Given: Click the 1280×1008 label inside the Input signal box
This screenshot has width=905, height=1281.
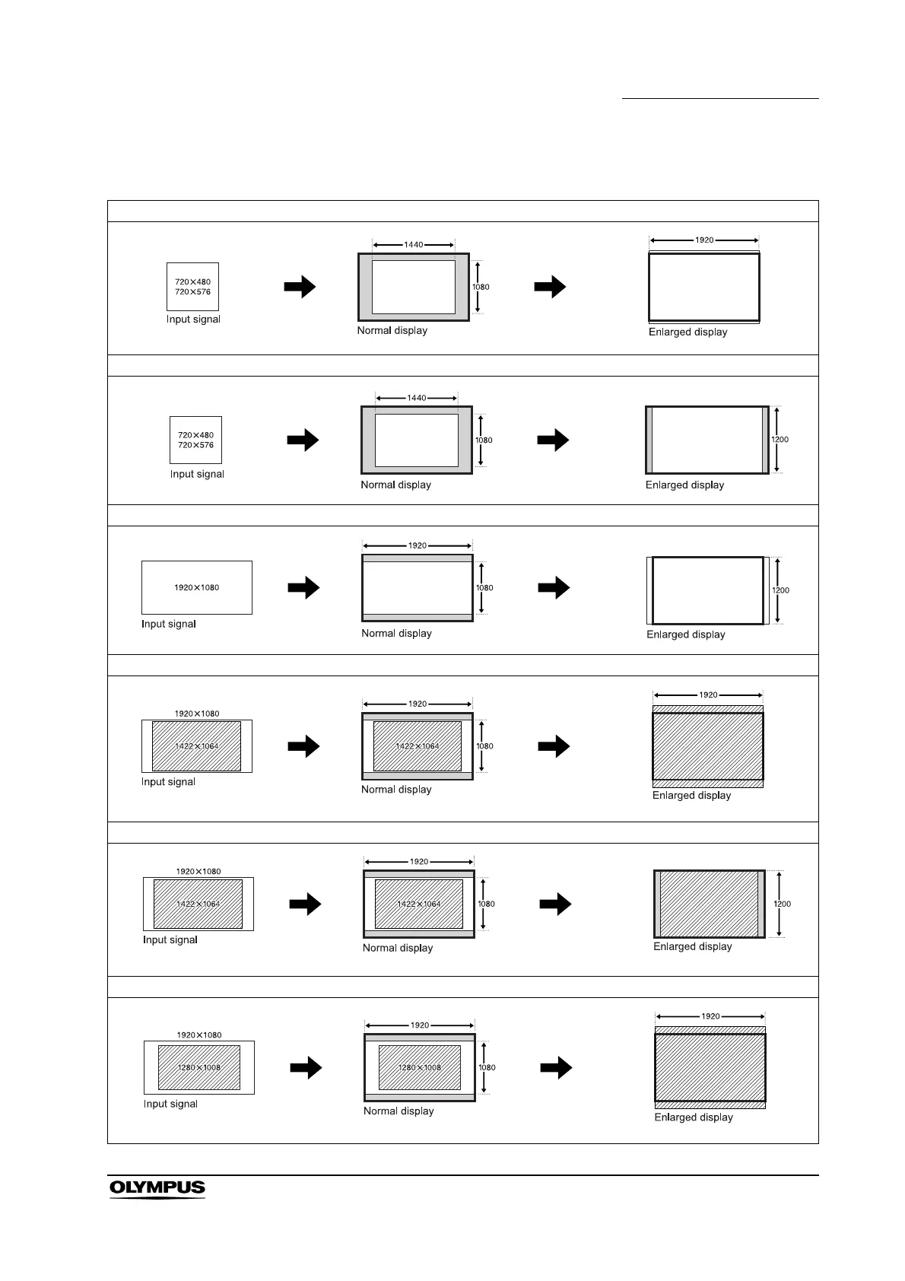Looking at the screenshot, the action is click(199, 1067).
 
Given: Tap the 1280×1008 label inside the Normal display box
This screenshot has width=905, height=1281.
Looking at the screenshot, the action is click(420, 1067).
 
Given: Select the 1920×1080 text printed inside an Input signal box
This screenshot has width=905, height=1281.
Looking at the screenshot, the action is click(197, 587).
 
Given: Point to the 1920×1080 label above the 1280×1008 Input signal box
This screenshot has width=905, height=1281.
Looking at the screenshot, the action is click(199, 1035).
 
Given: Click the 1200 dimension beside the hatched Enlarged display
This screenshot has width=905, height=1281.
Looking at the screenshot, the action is click(782, 904).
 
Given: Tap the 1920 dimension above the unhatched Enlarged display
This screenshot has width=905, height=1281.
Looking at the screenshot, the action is click(704, 240).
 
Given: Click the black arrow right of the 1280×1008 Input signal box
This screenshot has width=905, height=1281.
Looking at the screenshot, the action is click(306, 1068).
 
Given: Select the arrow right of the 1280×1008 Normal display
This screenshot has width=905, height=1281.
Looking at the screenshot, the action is click(557, 1068).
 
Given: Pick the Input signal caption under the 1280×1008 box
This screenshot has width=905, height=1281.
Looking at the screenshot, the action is click(170, 1104).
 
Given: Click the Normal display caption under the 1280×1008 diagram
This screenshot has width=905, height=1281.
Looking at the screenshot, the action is click(399, 1111).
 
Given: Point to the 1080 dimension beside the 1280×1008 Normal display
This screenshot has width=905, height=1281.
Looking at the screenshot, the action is click(487, 1067).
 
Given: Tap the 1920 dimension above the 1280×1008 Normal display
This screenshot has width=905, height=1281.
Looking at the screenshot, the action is click(420, 1025).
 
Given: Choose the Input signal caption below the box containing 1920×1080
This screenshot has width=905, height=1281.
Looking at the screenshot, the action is click(169, 624).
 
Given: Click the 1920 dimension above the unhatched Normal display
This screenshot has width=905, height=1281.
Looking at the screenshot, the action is click(418, 545).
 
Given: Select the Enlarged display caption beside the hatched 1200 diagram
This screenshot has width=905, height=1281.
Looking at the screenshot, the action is click(693, 946).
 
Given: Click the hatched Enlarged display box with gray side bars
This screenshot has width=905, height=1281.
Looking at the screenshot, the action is click(709, 904).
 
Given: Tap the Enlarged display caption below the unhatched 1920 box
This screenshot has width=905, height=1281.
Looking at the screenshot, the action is click(688, 332).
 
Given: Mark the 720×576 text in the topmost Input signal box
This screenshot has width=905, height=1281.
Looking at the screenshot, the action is click(193, 292).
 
